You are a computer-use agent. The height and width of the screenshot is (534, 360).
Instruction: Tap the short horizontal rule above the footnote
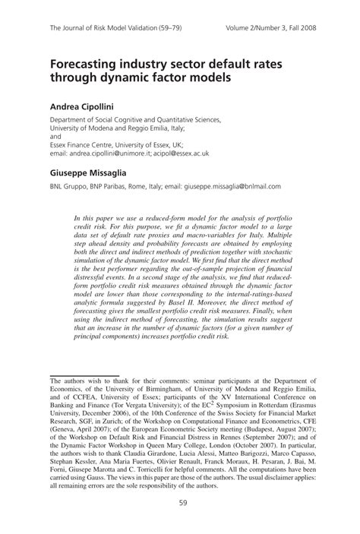pyautogui.click(x=84, y=355)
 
